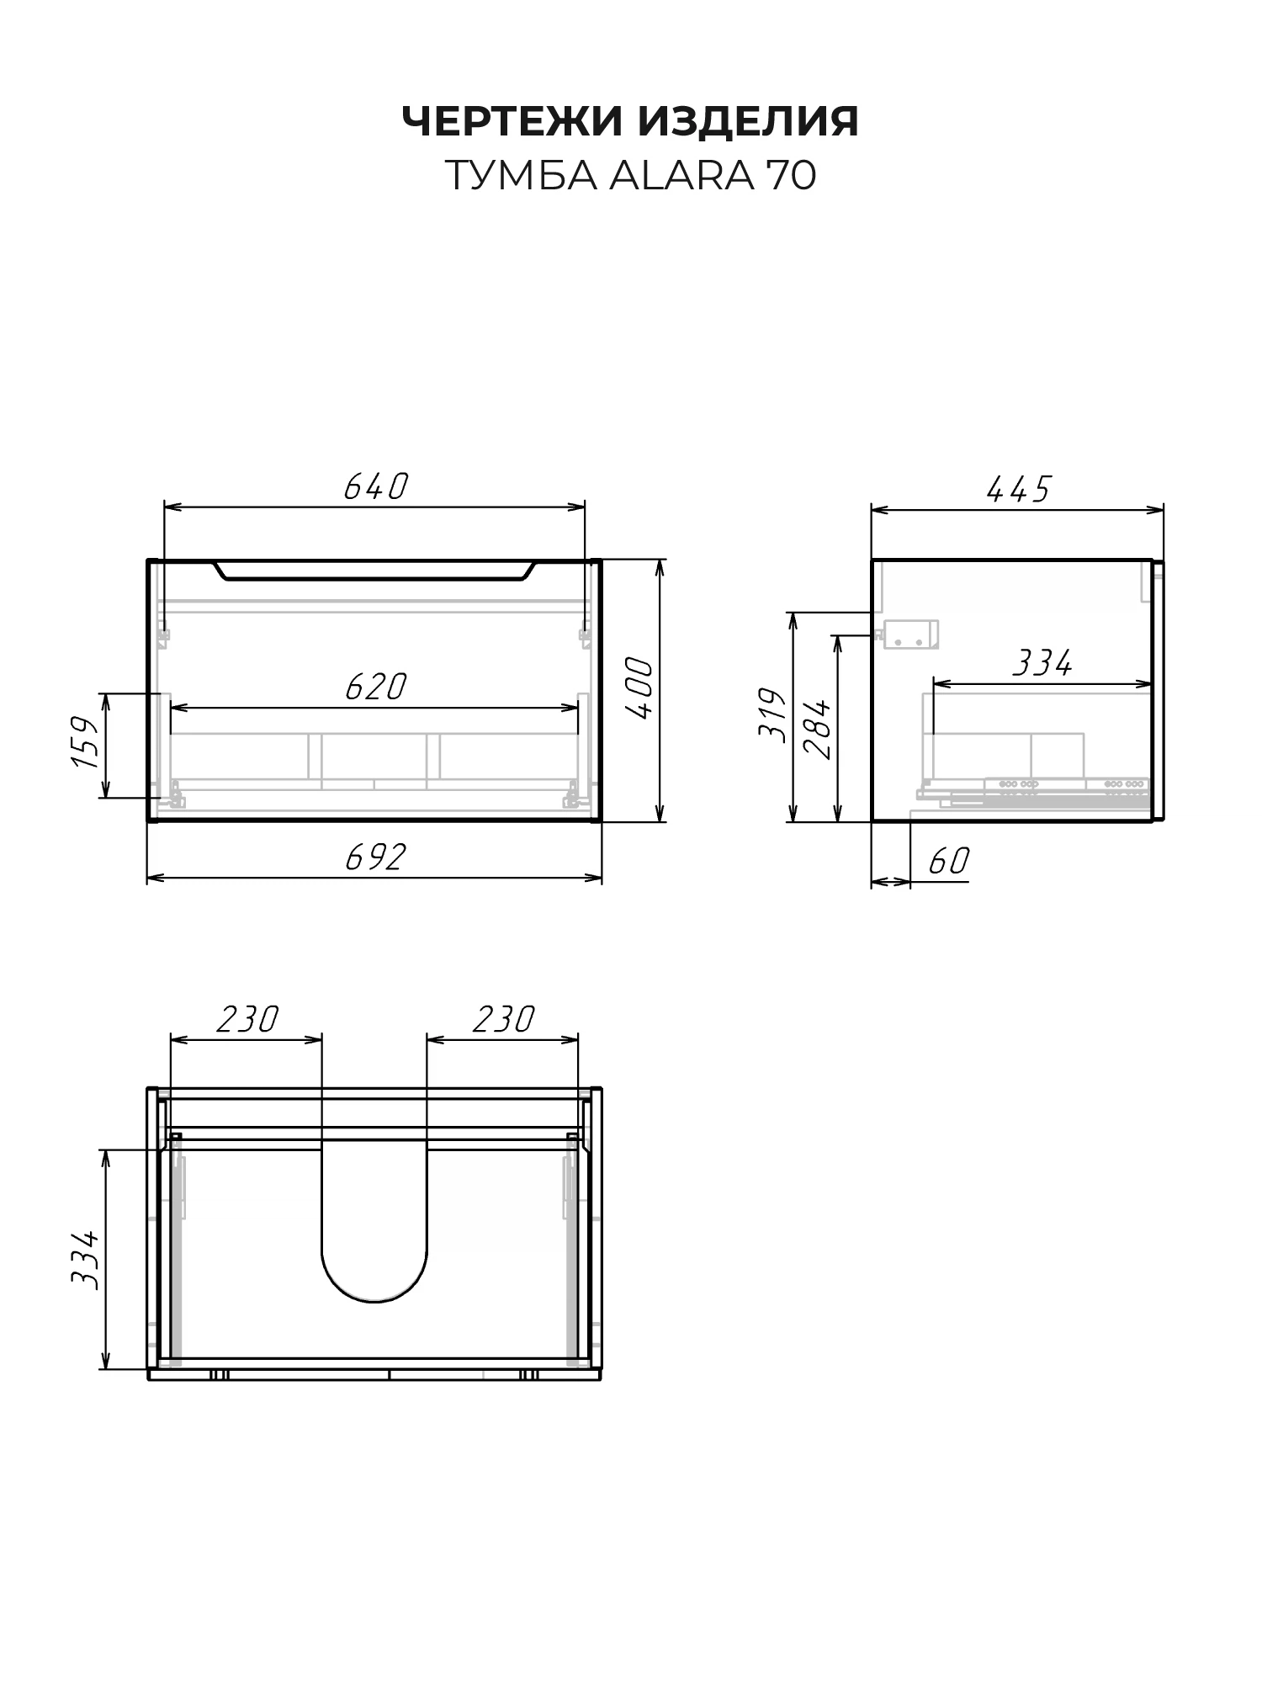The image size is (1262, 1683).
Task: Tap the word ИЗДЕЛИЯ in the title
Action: click(749, 123)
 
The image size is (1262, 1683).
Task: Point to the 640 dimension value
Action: click(375, 486)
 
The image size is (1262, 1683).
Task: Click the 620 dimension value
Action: click(375, 687)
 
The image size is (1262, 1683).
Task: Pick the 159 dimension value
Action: click(86, 742)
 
